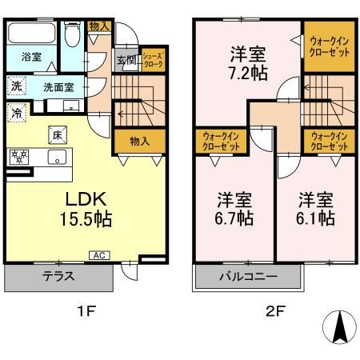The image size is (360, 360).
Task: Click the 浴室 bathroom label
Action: point(31,58)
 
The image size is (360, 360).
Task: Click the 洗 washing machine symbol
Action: point(16,86)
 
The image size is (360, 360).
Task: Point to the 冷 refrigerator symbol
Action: point(16,112)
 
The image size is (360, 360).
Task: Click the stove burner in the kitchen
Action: point(18,156)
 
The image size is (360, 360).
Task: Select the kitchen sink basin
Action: point(57,156)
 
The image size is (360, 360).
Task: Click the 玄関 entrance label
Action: point(126,60)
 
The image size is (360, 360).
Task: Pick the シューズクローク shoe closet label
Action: point(152,59)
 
